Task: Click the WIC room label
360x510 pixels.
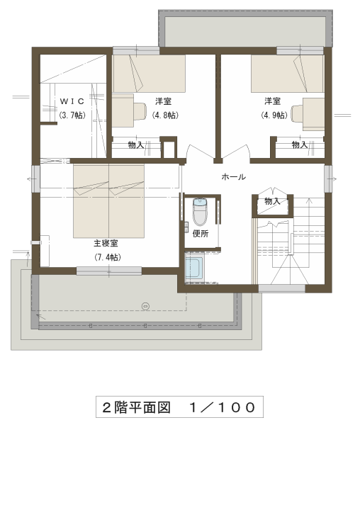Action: coord(72,101)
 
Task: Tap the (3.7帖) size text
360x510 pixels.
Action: coord(72,115)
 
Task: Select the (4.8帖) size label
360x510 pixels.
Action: coord(165,115)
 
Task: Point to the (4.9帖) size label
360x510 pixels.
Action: coord(274,115)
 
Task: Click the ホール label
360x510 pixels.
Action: coord(233,177)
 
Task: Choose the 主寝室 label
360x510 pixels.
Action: coord(106,243)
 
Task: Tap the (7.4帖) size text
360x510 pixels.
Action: coord(108,257)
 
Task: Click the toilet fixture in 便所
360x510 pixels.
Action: coord(200,211)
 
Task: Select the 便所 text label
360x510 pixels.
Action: coord(201,234)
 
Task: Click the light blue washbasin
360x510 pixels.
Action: coord(194,268)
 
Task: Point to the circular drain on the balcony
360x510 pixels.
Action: coord(145,306)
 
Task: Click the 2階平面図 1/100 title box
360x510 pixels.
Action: coord(179,407)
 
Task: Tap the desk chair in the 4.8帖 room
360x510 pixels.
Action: coord(140,112)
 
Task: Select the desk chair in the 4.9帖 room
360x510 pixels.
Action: coord(297,113)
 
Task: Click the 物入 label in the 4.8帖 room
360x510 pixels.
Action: coord(136,144)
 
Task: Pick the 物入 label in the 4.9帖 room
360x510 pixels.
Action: coord(300,144)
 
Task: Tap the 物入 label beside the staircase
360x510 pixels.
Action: coord(272,201)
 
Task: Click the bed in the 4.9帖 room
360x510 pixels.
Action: coord(288,74)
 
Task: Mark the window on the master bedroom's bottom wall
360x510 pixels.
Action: coord(109,271)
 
